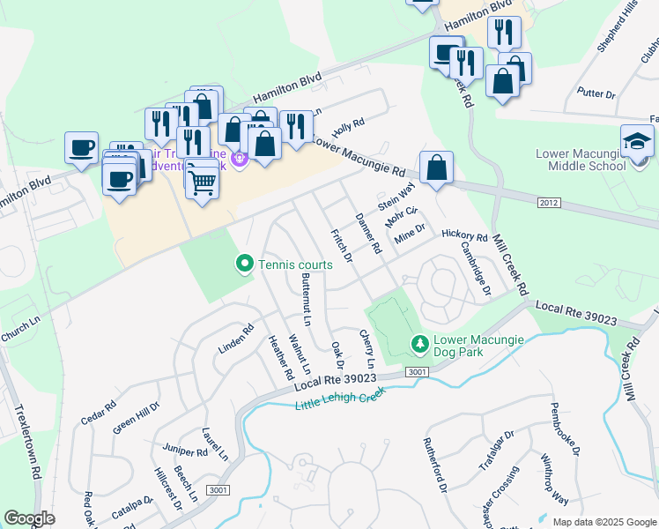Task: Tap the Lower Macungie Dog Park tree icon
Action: [x=421, y=343]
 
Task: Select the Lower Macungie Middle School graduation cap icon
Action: [x=637, y=141]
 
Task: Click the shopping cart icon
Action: [x=203, y=183]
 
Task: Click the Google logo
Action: [x=30, y=518]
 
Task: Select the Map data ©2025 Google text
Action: [x=604, y=522]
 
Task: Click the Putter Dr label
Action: [x=596, y=93]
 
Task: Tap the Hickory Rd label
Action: [x=464, y=236]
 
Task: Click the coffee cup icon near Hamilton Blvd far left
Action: [x=81, y=147]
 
